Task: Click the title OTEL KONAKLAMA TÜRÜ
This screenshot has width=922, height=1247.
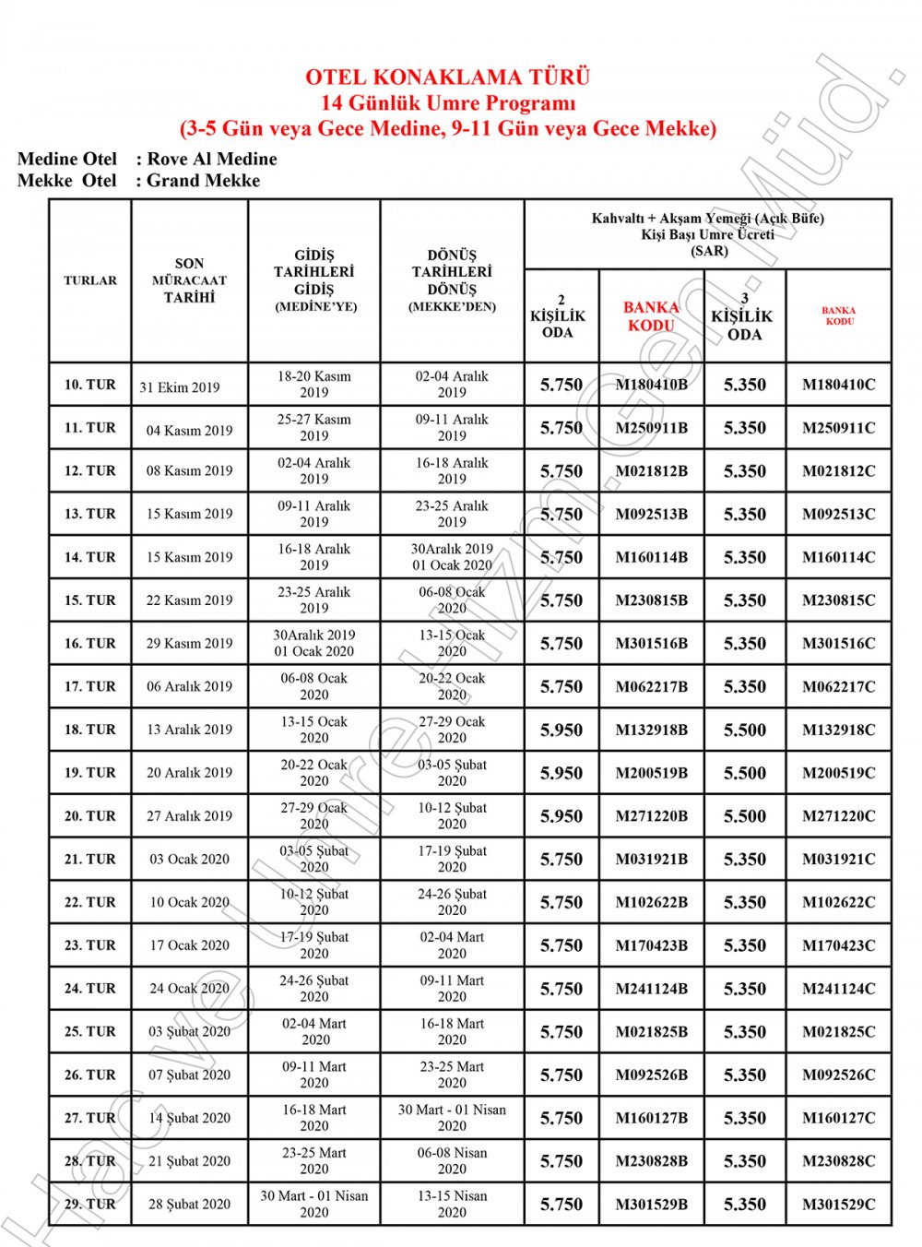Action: coord(447,77)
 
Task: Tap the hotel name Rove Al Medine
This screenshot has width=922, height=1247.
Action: coord(211,159)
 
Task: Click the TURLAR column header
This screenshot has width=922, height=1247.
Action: coord(90,280)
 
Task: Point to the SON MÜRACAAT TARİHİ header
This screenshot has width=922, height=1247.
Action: coord(189,280)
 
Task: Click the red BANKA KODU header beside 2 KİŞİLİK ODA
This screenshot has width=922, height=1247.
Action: coord(651,316)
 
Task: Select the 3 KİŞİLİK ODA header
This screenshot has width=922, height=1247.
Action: coord(744,316)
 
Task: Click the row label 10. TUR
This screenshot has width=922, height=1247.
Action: coord(90,385)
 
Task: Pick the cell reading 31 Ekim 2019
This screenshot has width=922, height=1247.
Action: coord(180,387)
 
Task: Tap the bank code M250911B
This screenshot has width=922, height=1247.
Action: coord(651,428)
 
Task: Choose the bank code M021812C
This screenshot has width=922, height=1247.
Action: coord(838,471)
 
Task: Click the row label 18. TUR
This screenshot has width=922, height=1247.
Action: coord(90,730)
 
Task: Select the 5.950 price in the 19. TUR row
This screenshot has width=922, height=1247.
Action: coord(561,773)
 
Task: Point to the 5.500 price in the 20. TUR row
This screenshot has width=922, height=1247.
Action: coord(744,816)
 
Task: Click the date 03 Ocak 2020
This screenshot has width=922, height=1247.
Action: coord(189,860)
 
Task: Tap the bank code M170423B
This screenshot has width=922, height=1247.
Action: coord(651,945)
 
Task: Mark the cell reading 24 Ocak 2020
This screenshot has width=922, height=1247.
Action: coord(189,989)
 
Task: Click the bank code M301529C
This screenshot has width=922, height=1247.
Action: coord(838,1205)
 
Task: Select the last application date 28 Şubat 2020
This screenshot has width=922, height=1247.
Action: coord(189,1205)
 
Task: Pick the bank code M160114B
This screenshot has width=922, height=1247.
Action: coord(651,557)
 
